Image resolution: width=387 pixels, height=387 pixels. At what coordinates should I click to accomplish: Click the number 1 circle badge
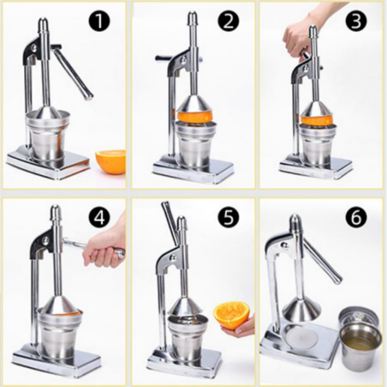click(x=100, y=21)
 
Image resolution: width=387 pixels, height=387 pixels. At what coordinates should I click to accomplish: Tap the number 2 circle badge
click(x=228, y=21)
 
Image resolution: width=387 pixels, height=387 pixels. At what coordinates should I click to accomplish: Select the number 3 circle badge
click(x=356, y=21)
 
